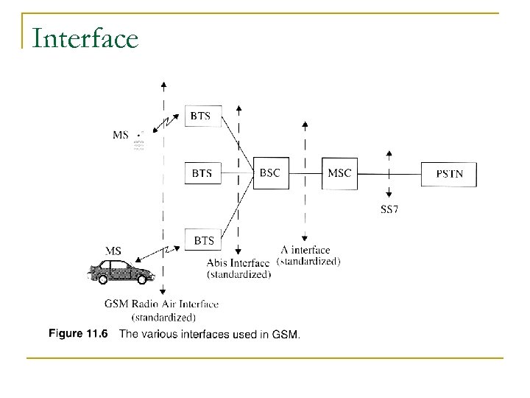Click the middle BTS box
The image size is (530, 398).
point(202,173)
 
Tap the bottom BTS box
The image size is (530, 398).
point(204,240)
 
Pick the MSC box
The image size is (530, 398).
point(340,173)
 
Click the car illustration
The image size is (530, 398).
point(121,271)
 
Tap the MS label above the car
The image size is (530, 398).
point(115,250)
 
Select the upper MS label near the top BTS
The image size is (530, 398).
point(121,135)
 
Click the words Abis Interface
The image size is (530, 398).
point(239,263)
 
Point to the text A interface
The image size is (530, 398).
point(305,250)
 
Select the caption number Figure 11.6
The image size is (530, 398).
point(78,334)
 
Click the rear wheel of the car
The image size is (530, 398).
point(97,278)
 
